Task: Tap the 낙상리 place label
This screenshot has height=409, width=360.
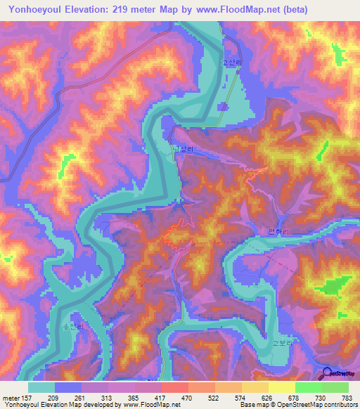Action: coord(182,150)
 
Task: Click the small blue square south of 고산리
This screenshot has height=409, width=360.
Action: coord(223,107)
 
